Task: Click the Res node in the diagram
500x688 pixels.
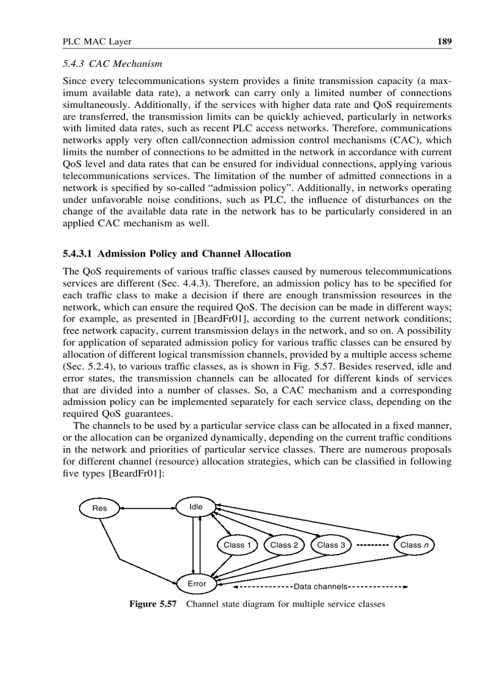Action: (99, 508)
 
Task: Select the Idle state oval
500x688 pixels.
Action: (195, 507)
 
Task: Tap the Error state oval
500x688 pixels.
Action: (196, 584)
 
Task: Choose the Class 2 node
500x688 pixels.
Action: (284, 545)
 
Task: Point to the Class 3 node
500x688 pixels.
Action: (331, 545)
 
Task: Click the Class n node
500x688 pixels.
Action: (414, 545)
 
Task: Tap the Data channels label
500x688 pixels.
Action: (320, 587)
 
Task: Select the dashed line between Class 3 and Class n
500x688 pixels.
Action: (372, 545)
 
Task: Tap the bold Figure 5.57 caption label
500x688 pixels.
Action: (153, 604)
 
